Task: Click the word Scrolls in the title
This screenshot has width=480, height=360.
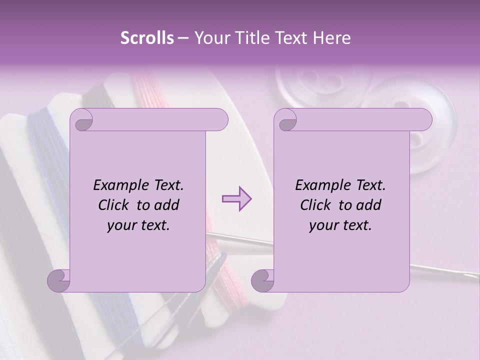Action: coord(147,38)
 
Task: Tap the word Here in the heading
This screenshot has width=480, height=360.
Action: coord(331,38)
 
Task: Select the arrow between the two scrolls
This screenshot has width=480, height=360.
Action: coord(237,198)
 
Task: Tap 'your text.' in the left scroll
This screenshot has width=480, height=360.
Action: coord(138,225)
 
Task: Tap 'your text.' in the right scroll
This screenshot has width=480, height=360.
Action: coord(340,225)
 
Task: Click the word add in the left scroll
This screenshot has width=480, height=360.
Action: coord(167,205)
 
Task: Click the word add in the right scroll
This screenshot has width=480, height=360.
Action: coord(369,205)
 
